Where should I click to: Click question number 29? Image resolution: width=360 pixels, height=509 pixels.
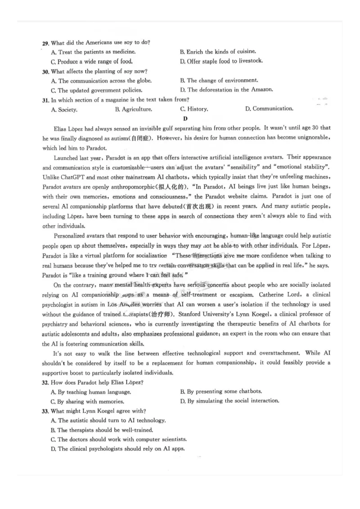(45, 43)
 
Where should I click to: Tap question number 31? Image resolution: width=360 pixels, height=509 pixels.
(45, 99)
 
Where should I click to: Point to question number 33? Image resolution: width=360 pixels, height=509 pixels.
(45, 411)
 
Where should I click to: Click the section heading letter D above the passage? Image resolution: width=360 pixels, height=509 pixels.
(185, 118)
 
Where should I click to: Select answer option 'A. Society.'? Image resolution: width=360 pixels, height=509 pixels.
(64, 109)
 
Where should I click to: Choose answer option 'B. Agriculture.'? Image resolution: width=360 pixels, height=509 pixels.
(134, 109)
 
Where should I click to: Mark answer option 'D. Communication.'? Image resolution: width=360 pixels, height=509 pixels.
(269, 108)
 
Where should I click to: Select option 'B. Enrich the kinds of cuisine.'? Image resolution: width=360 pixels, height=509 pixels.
(218, 52)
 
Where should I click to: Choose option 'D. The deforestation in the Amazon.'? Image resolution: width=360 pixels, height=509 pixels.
(226, 89)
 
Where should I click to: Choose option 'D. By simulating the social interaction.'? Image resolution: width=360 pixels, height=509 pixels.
(229, 401)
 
